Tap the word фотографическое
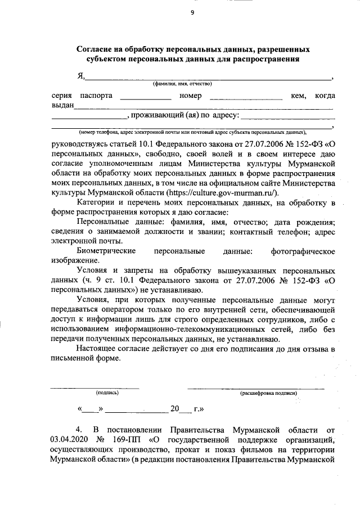coord(303,250)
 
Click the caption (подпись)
coord(107,394)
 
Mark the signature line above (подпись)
coord(95,388)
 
